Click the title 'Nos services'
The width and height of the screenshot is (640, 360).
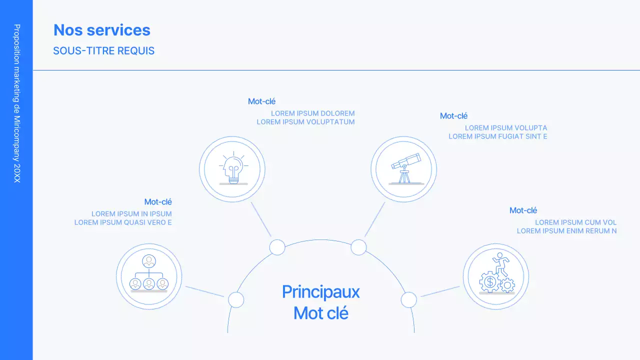[x=102, y=30]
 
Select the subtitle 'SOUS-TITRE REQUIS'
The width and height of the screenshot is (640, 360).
[x=104, y=51]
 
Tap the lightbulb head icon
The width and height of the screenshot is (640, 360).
[x=232, y=169]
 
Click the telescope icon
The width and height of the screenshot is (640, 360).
[x=404, y=169]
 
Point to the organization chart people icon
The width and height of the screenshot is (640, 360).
[x=149, y=275]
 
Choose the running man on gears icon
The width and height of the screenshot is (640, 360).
[x=496, y=276]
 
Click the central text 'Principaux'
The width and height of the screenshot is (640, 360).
[x=321, y=292]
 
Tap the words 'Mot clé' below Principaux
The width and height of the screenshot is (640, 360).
[x=321, y=313]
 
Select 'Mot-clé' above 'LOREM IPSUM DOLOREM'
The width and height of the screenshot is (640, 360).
[x=262, y=101]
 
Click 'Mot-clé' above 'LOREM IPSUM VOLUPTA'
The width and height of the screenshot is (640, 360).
[x=454, y=116]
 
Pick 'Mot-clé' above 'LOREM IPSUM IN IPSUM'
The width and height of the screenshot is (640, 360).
[x=158, y=202]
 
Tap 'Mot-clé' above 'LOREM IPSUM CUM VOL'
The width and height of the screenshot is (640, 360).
[x=523, y=210]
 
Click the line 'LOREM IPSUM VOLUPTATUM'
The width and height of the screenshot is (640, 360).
[x=306, y=122]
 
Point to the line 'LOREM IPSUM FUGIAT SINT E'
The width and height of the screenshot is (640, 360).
[x=498, y=136]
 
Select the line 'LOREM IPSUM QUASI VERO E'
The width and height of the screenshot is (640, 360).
[x=123, y=222]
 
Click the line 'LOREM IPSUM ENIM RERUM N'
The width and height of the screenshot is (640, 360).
[x=566, y=231]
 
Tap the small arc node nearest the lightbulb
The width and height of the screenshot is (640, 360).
[x=277, y=247]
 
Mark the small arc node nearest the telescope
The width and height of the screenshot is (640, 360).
[x=358, y=247]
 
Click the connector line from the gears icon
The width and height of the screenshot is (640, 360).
[x=440, y=291]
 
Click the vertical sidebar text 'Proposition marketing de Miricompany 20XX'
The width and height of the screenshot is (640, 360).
[x=17, y=103]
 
